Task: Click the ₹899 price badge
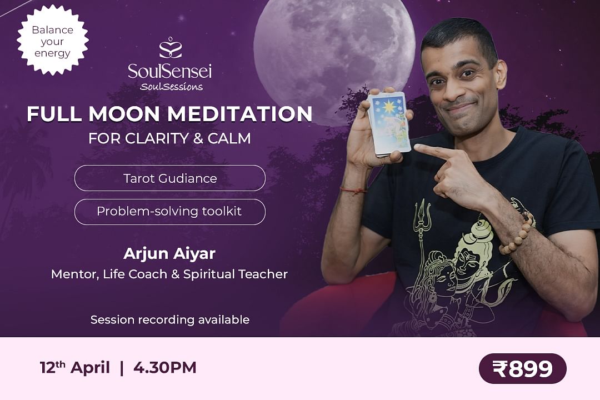coord(522,368)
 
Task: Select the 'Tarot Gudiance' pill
coord(170,178)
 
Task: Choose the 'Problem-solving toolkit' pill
coord(170,212)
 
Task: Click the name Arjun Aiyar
coord(169,253)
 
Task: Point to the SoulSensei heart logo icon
coord(171,48)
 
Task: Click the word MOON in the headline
coord(124,114)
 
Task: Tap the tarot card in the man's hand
coord(388,124)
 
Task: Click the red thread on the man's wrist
coord(353,190)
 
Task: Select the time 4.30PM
coord(165,368)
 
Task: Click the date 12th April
coord(75,367)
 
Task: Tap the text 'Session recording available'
coord(170,319)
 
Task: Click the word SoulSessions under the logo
coord(172,87)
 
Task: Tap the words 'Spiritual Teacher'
coord(236,274)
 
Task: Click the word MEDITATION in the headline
coord(240,114)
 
